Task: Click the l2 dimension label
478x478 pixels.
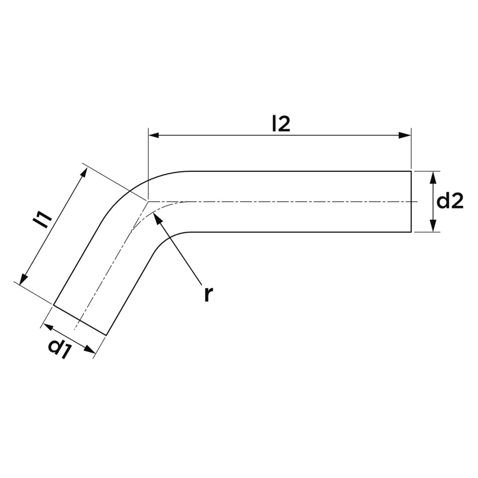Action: pos(281,124)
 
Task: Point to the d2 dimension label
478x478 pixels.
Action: pos(450,201)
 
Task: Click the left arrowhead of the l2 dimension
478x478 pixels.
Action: pos(154,135)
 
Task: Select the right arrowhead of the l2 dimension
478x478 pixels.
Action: pos(405,135)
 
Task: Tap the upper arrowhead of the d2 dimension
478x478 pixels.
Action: pos(433,177)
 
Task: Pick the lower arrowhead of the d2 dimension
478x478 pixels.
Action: pos(433,226)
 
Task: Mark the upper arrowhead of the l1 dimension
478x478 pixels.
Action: pos(84,173)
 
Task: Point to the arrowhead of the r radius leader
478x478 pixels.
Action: pos(157,218)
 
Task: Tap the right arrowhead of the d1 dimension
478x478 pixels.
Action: pos(90,350)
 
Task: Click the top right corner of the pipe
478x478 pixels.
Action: pos(411,171)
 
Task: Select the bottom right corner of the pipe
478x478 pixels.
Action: pos(411,232)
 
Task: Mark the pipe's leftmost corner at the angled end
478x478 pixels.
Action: pos(54,305)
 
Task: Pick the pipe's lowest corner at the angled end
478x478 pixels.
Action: pos(106,335)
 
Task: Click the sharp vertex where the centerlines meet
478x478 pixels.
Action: pos(148,201)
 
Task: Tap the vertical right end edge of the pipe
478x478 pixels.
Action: pos(411,201)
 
